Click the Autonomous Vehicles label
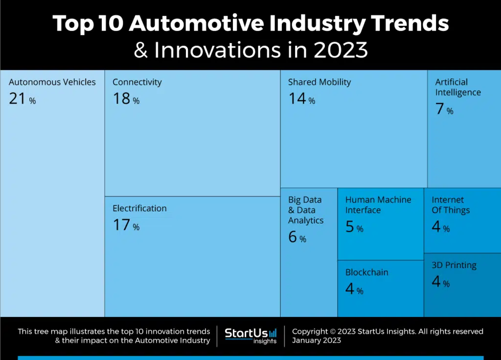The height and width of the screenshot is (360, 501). [x=52, y=82]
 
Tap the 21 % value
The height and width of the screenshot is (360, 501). [x=22, y=99]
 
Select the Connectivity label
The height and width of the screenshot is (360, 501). [x=137, y=82]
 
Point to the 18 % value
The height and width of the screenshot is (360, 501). [x=126, y=99]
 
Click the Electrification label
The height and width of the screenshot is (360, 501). [x=139, y=208]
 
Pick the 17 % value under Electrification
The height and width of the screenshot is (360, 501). [x=126, y=225]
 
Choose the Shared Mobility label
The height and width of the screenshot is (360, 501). [x=319, y=82]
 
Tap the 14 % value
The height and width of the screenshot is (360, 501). [x=301, y=99]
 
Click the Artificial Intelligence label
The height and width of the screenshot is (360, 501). [x=458, y=87]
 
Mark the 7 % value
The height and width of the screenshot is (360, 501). [x=444, y=109]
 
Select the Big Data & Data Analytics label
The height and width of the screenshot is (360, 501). [x=306, y=210]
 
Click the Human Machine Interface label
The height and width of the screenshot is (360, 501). [x=378, y=205]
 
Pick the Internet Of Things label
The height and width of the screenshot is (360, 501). [x=451, y=205]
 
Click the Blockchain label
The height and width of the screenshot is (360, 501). [x=367, y=272]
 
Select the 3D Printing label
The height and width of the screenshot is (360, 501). [x=454, y=265]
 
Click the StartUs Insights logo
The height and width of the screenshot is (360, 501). [x=250, y=336]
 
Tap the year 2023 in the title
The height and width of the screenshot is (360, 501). [x=341, y=50]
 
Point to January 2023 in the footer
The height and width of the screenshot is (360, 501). [x=317, y=340]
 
